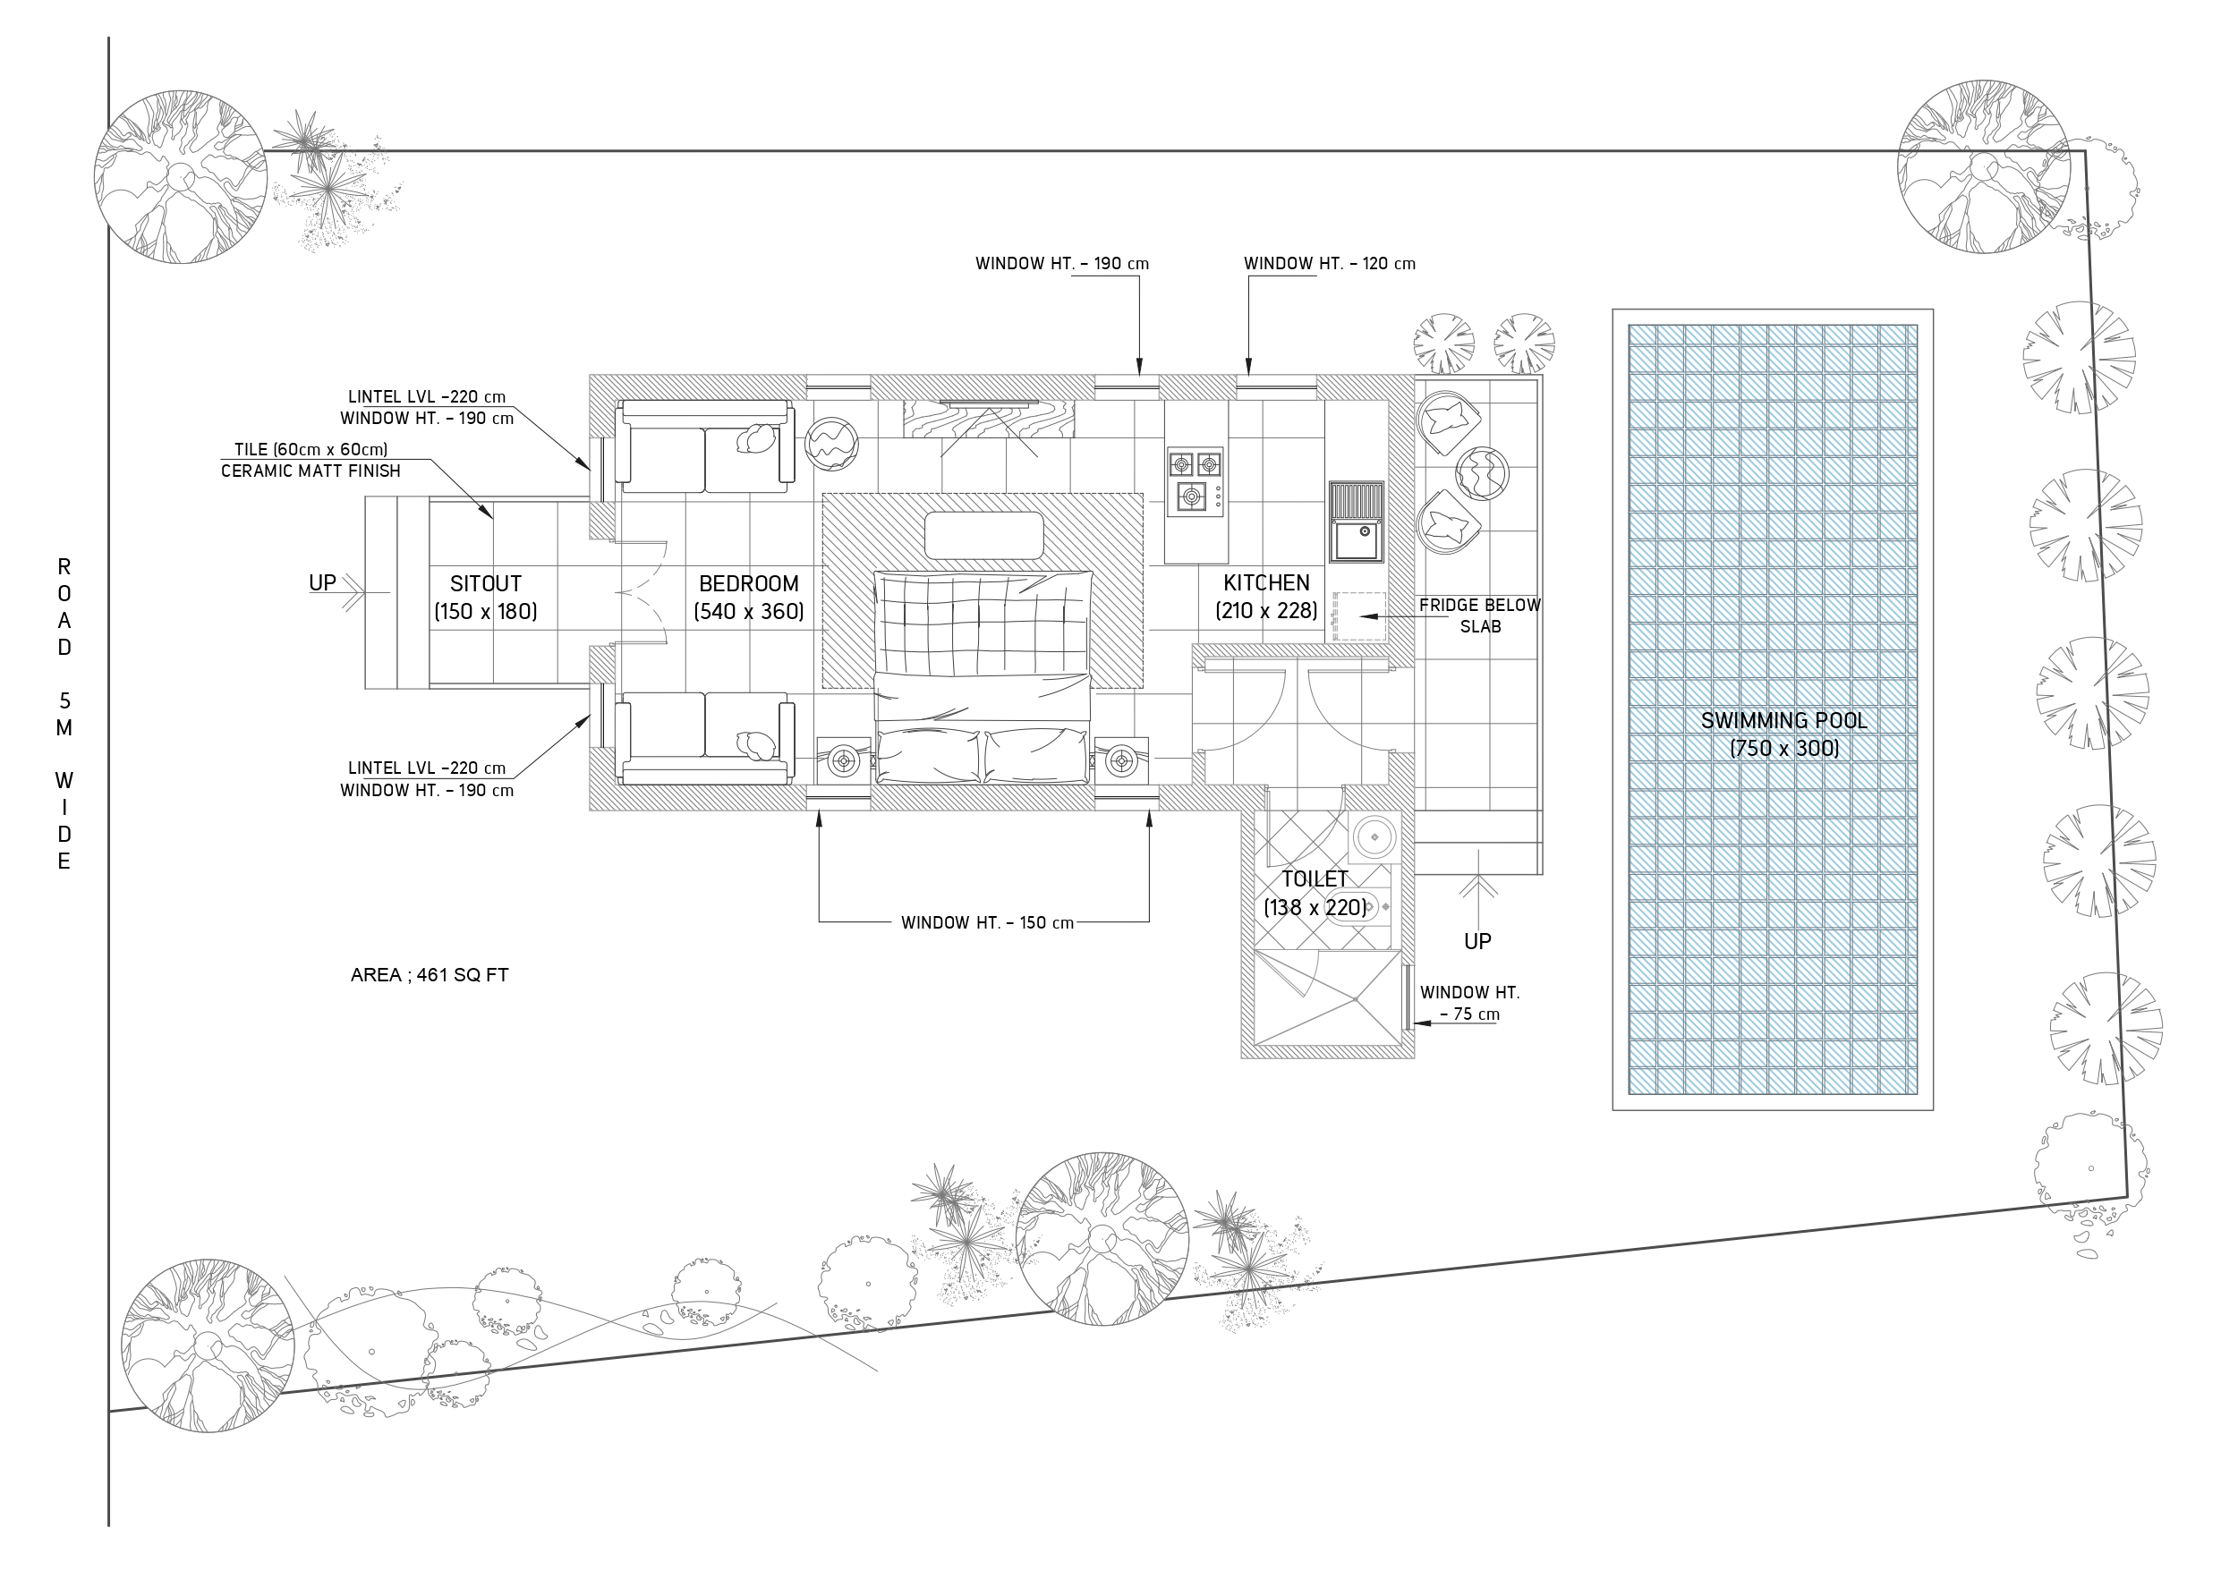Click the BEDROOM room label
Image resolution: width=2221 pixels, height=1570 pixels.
click(749, 584)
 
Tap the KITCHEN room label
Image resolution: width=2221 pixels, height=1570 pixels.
click(1266, 583)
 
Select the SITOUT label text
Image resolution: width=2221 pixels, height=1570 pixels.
click(486, 584)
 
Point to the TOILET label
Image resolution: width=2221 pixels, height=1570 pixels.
click(1315, 879)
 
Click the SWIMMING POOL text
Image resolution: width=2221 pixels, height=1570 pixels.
click(1783, 721)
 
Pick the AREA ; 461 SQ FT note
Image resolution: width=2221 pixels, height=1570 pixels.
click(430, 975)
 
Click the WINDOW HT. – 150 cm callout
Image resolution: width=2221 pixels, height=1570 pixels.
click(988, 923)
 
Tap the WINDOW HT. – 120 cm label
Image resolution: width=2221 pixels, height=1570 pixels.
click(1330, 263)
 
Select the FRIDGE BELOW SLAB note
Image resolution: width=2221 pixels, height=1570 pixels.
click(1480, 616)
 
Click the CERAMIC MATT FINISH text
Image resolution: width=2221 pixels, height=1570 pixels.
click(311, 471)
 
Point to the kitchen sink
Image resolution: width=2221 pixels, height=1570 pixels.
click(1357, 522)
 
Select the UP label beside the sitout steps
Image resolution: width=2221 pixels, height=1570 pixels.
click(322, 583)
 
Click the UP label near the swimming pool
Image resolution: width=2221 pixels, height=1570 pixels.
click(1477, 941)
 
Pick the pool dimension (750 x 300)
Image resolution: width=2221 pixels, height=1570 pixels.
click(1783, 749)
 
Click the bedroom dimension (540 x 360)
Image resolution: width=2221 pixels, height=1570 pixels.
click(749, 612)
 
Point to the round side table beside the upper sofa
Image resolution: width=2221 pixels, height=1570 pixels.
click(831, 444)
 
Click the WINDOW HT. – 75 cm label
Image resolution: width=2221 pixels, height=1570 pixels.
click(1469, 1003)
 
